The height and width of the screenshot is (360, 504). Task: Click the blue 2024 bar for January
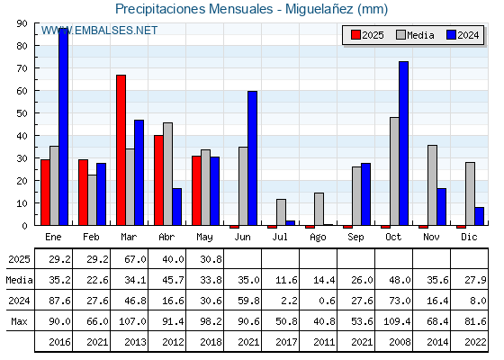63,127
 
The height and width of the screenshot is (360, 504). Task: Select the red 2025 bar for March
121,150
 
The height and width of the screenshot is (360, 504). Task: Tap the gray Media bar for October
394,171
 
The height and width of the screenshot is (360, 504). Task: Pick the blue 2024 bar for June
252,158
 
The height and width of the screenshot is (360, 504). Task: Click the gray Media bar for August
319,209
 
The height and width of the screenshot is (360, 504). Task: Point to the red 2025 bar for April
158,180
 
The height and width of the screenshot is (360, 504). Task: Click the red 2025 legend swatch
355,35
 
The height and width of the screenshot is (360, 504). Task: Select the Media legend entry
415,35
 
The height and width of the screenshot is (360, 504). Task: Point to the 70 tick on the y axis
22,68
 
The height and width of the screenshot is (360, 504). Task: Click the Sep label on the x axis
355,238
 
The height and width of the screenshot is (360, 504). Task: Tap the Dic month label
469,237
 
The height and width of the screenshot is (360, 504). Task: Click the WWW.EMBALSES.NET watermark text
99,31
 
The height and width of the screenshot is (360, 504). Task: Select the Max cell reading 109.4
397,321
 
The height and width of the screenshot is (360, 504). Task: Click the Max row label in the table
19,321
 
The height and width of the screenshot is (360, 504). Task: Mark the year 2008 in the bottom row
400,342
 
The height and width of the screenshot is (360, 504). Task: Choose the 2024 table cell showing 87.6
59,301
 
